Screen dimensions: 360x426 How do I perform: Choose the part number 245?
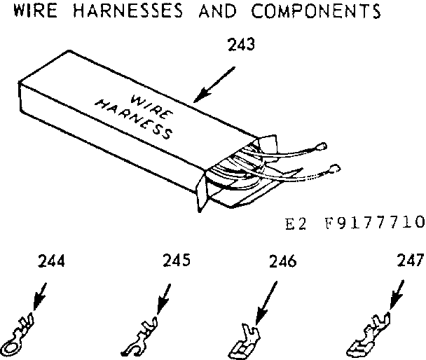(x=176, y=262)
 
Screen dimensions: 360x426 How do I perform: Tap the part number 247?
(x=410, y=261)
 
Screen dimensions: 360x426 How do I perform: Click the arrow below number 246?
(x=266, y=298)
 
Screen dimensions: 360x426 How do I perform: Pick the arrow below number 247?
(x=393, y=294)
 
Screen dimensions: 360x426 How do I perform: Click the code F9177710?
(x=375, y=223)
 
